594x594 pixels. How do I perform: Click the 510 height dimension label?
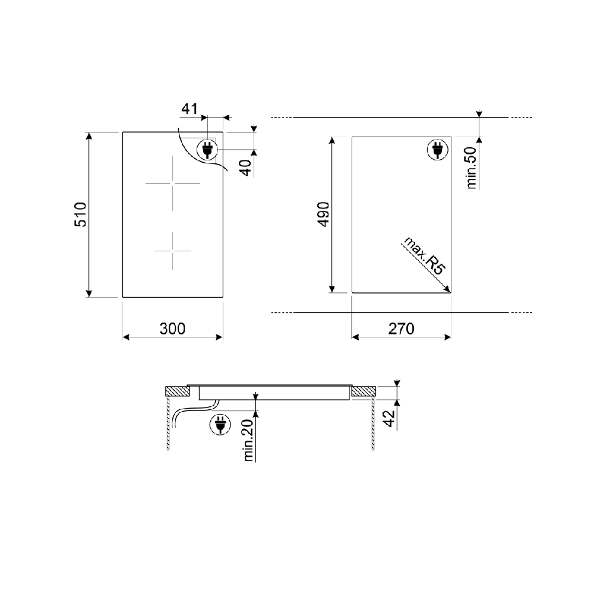pos(80,214)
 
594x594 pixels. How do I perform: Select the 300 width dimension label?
pos(172,328)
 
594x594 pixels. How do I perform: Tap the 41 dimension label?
pos(189,109)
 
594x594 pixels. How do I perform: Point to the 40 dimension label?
pos(247,168)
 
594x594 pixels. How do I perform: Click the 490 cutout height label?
pos(323,214)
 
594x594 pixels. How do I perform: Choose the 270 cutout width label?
pos(401,328)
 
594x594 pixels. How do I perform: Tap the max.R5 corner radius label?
pos(425,255)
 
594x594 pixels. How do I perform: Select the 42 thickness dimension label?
pos(390,418)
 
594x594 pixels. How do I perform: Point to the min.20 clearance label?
pos(248,440)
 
